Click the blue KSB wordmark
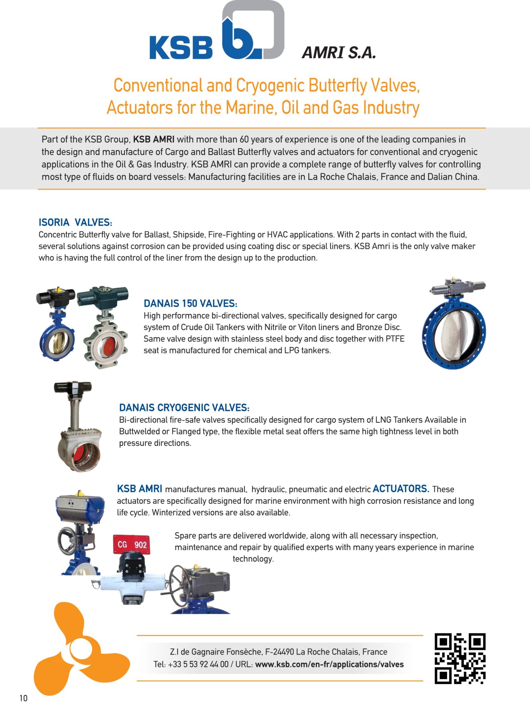click(181, 48)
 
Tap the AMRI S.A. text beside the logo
click(339, 53)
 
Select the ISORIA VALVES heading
click(75, 222)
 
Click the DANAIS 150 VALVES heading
click(190, 304)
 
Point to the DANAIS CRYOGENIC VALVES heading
click(184, 408)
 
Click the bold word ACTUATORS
click(401, 489)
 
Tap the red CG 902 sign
click(132, 545)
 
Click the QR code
click(460, 658)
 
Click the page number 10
click(23, 698)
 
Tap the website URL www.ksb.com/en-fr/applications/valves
click(329, 664)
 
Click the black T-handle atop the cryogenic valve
click(73, 387)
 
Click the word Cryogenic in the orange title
click(271, 85)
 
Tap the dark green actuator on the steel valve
click(102, 297)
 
